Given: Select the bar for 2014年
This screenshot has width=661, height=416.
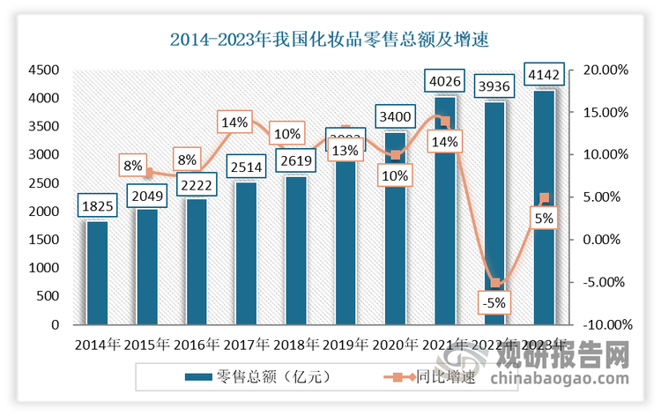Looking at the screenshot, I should [97, 273].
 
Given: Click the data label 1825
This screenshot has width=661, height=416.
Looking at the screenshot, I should [97, 205].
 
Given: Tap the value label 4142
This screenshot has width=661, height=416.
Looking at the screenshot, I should [544, 75].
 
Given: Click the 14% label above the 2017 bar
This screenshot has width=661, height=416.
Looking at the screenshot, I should [236, 123].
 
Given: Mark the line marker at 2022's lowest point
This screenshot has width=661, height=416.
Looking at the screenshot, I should [495, 283].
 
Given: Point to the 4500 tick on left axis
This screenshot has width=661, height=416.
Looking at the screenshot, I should [42, 70].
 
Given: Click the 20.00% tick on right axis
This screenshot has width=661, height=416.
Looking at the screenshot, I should [605, 70].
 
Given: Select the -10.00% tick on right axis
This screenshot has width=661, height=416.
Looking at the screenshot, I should [605, 324].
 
